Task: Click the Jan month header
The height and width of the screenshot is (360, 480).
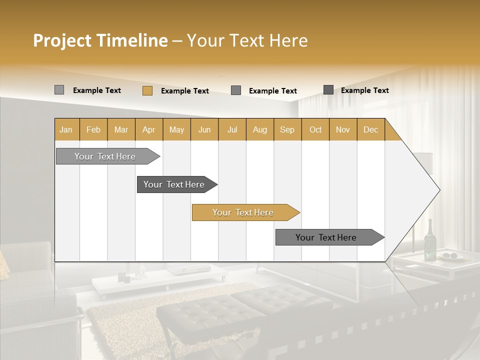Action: coord(66,129)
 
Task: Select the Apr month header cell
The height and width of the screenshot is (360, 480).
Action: coord(149,129)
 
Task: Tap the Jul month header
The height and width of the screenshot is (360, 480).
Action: coord(232,129)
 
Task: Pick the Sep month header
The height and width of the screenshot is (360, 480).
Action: coord(287,129)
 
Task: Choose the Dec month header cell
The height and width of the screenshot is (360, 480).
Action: coord(370,129)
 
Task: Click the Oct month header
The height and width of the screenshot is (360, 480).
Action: coord(315,129)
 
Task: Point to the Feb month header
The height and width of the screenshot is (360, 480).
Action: coord(93,129)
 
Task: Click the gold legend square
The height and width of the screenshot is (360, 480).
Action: coord(147,90)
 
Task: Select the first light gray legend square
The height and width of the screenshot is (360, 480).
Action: coord(59,90)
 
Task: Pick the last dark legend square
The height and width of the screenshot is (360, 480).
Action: coord(328,90)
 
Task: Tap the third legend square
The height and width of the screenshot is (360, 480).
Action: coord(236,90)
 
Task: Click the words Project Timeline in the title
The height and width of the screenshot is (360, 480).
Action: coord(100,40)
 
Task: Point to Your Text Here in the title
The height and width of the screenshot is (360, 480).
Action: coord(247,40)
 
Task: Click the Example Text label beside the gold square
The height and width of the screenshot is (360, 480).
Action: coord(184,91)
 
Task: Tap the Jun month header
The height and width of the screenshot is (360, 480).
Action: coord(204,129)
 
